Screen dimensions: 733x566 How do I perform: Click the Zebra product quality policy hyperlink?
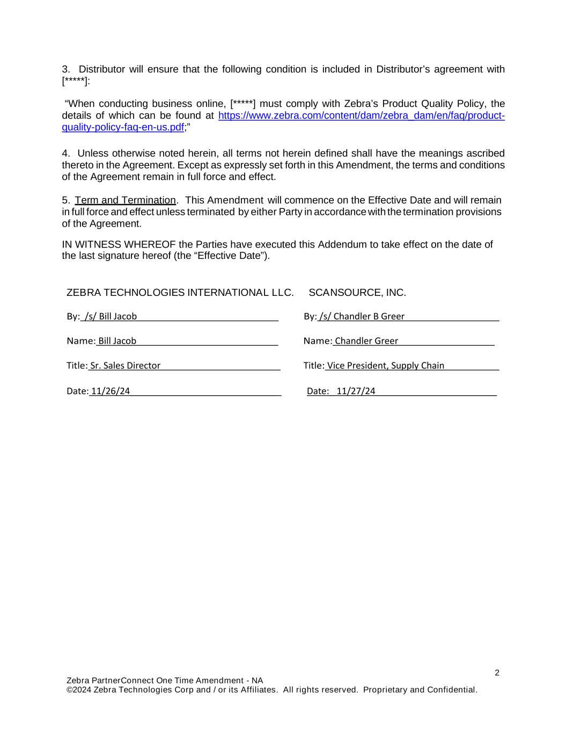point(361,116)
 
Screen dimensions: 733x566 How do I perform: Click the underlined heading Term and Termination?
point(125,200)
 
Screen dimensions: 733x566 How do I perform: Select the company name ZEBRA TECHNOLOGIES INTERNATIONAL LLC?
point(180,293)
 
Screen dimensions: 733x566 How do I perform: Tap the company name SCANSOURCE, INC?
point(357,293)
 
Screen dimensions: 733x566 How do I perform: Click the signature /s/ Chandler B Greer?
point(362,316)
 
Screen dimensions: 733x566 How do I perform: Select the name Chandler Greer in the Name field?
point(366,341)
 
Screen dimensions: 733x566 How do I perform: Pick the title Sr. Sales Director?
point(125,366)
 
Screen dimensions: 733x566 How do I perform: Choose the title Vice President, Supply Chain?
point(385,366)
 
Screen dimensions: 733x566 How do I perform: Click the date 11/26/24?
point(111,391)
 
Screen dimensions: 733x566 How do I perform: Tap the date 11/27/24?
point(356,391)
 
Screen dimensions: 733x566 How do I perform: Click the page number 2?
point(497,673)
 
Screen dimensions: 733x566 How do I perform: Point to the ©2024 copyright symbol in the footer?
point(69,690)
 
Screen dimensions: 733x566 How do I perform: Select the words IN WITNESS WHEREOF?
point(119,245)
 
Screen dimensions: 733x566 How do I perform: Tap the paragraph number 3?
point(65,69)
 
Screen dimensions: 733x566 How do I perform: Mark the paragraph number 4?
point(65,154)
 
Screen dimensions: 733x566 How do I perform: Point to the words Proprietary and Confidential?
point(420,690)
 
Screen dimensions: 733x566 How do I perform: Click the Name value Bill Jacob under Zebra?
point(117,341)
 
